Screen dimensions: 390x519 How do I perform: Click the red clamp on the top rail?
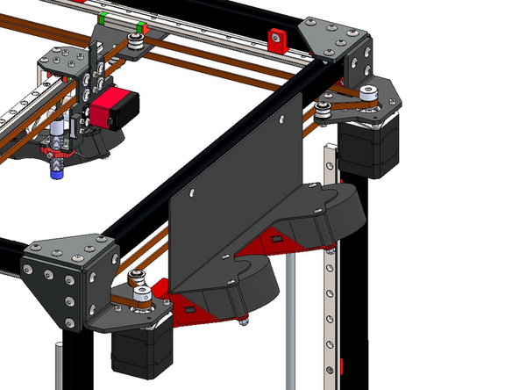pos(279,37)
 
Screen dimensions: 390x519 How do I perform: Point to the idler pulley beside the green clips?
pos(136,40)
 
